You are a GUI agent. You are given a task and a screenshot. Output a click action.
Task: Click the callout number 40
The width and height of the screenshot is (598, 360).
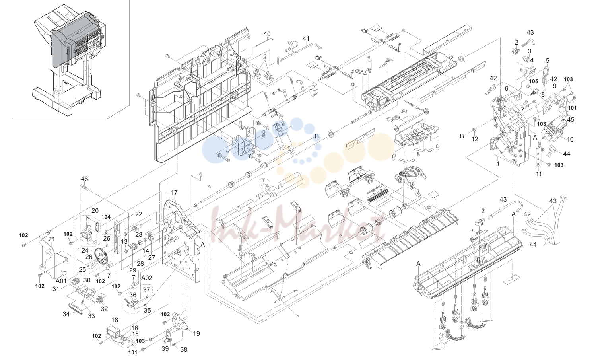pyautogui.click(x=267, y=34)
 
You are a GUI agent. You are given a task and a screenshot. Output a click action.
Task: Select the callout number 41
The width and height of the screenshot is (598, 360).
pyautogui.click(x=306, y=39)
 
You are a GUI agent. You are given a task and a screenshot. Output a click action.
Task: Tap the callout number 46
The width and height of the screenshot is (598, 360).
pyautogui.click(x=84, y=179)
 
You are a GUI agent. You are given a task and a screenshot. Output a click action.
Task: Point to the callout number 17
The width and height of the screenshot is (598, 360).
pyautogui.click(x=174, y=193)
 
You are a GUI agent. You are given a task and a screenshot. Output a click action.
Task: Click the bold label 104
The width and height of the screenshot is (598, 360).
pyautogui.click(x=106, y=217)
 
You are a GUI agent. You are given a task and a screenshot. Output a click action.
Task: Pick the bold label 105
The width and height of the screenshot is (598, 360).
pyautogui.click(x=534, y=81)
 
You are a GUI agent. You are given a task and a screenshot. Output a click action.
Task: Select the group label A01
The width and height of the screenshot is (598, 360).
pyautogui.click(x=61, y=281)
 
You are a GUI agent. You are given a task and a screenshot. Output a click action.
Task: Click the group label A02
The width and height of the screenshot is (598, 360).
pyautogui.click(x=147, y=278)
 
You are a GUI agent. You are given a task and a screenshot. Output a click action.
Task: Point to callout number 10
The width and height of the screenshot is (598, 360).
pyautogui.click(x=570, y=139)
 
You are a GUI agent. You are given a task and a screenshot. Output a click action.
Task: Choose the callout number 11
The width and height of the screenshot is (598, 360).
pyautogui.click(x=539, y=174)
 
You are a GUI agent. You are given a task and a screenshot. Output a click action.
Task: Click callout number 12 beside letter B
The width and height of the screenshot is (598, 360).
pyautogui.click(x=475, y=139)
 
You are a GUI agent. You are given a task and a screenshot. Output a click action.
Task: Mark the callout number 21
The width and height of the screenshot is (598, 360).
pyautogui.click(x=51, y=239)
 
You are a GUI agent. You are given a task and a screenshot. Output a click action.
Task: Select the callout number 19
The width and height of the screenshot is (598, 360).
pyautogui.click(x=196, y=334)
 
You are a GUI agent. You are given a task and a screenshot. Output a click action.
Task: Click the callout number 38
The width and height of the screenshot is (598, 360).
pyautogui.click(x=184, y=350)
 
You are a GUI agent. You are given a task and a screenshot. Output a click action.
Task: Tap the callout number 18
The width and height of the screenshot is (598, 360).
pyautogui.click(x=115, y=320)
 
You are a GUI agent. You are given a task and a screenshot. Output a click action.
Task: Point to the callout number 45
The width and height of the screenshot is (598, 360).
pyautogui.click(x=571, y=120)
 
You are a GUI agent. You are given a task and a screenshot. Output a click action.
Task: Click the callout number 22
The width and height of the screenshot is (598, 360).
pyautogui.click(x=138, y=214)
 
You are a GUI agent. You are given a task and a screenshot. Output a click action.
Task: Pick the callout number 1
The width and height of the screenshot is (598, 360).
pyautogui.click(x=498, y=163)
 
